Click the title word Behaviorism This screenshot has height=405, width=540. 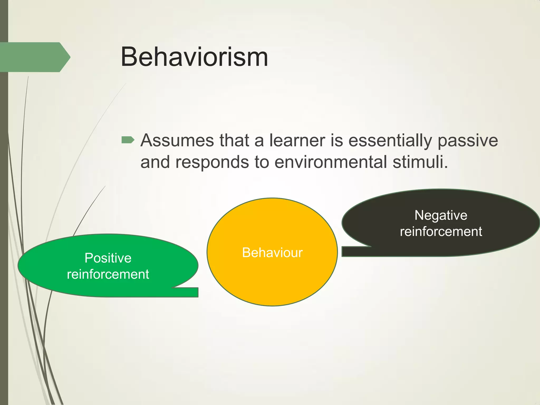pyautogui.click(x=194, y=57)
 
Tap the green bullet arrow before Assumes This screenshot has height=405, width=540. pyautogui.click(x=128, y=140)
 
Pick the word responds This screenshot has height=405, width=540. pyautogui.click(x=212, y=162)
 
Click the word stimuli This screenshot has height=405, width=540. pyautogui.click(x=420, y=162)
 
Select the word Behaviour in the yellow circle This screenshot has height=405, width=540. pyautogui.click(x=272, y=253)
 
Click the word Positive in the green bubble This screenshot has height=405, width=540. pyautogui.click(x=108, y=258)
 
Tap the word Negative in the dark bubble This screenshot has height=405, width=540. pyautogui.click(x=441, y=215)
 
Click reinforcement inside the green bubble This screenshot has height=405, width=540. pyautogui.click(x=108, y=274)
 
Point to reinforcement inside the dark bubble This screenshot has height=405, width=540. pyautogui.click(x=441, y=232)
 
